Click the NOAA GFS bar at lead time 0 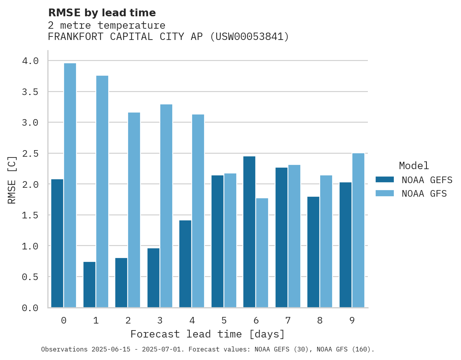point(70,185)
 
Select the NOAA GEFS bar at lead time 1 point(89,285)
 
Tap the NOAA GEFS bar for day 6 point(249,232)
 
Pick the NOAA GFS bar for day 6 point(262,253)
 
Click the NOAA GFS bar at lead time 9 point(358,230)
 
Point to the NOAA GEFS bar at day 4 point(185,264)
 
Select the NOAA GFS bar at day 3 point(166,206)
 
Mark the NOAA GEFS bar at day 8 point(313,252)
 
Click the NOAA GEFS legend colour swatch point(385,180)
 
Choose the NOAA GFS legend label point(424,194)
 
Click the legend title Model point(414,166)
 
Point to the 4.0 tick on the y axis point(30,61)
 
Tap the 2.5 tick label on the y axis point(30,154)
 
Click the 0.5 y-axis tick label point(30,277)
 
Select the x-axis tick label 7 point(288,320)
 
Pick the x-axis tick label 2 point(128,320)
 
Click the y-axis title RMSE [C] point(12,180)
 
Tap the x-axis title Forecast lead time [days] point(208,334)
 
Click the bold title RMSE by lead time point(102,13)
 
